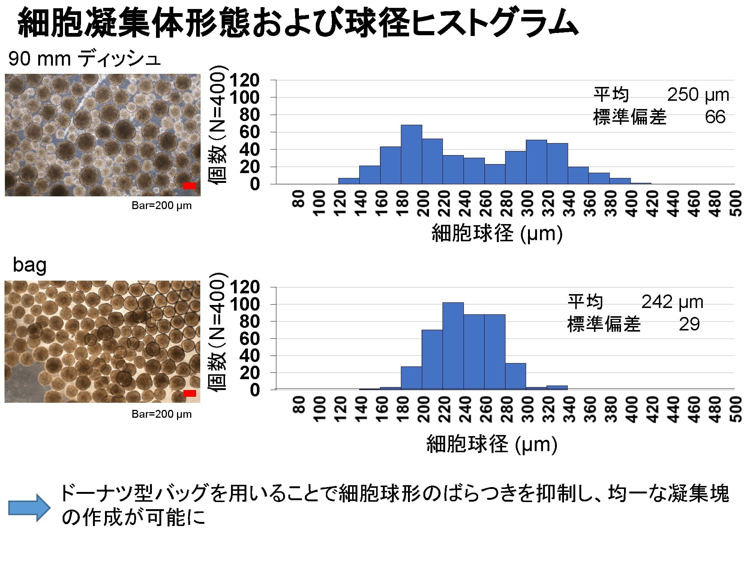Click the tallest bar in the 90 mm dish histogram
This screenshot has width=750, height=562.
pos(411,154)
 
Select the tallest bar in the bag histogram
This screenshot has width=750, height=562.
pos(453,346)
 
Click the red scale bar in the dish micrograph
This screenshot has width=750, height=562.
pos(189,185)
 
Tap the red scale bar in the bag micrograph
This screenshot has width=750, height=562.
pos(190,393)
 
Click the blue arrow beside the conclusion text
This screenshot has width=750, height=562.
pos(29,508)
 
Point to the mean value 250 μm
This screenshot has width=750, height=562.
pos(698,95)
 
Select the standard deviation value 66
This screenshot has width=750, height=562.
pos(715,117)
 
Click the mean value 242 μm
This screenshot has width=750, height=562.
pos(672,302)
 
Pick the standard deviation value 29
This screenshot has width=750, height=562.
pos(689,324)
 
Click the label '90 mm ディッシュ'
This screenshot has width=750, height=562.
pos(84,59)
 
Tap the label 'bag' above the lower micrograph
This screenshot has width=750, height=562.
pos(30,265)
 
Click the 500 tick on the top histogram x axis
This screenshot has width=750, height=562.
pos(736,203)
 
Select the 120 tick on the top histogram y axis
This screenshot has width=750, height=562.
pos(244,80)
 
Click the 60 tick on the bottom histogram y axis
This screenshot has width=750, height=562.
pos(249,339)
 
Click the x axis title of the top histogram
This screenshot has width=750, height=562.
pos(497,233)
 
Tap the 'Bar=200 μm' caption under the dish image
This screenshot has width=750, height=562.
pos(162,206)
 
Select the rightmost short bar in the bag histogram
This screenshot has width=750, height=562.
pos(557,387)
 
